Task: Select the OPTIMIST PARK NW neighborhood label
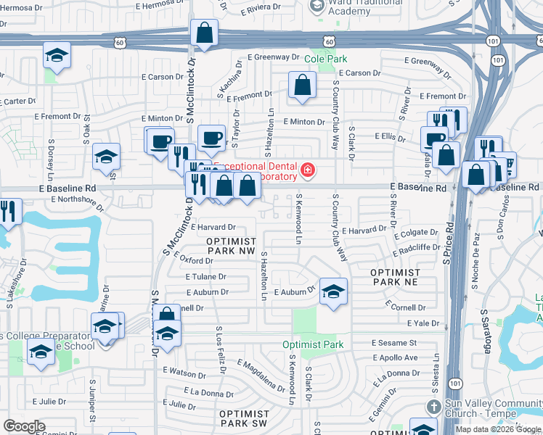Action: click(232, 245)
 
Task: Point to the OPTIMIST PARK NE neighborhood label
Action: click(396, 277)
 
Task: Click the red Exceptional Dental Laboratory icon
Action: click(309, 170)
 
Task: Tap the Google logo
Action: click(24, 426)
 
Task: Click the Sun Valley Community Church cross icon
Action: click(433, 407)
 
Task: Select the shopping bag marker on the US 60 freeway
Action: click(205, 33)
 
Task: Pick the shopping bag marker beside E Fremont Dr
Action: click(302, 85)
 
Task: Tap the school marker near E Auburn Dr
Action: click(333, 291)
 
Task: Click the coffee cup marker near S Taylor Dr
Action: click(211, 136)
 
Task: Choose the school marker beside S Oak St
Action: click(106, 156)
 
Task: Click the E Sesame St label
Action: click(393, 342)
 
